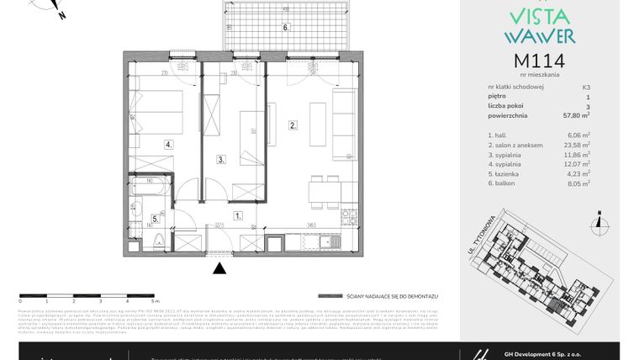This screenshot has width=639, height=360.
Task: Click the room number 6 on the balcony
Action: tap(286, 27)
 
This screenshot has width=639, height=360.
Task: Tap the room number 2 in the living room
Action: tap(293, 126)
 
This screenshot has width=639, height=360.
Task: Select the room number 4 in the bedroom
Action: tap(168, 145)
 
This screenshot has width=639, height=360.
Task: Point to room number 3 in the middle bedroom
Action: tap(220, 158)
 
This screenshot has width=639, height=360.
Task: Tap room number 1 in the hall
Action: tap(238, 215)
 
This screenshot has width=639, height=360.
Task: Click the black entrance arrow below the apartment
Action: tap(219, 268)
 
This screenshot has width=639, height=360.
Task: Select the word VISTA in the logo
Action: tap(539, 17)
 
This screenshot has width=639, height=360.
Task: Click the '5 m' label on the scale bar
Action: tap(155, 300)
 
